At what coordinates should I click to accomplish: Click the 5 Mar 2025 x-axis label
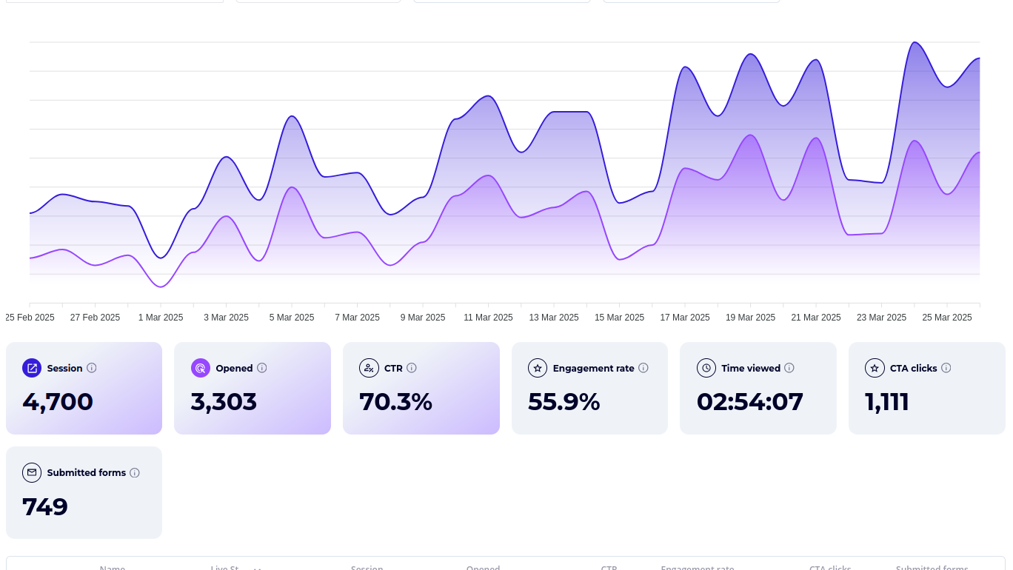pyautogui.click(x=291, y=318)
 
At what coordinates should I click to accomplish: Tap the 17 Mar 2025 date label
pyautogui.click(x=684, y=318)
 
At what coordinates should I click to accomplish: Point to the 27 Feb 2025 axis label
pyautogui.click(x=95, y=318)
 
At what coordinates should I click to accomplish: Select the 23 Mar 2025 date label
pyautogui.click(x=881, y=318)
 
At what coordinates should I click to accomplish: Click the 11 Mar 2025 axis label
pyautogui.click(x=488, y=318)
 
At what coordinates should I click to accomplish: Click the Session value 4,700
pyautogui.click(x=58, y=401)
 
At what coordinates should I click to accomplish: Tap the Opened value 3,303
pyautogui.click(x=224, y=401)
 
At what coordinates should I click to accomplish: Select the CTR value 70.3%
pyautogui.click(x=395, y=401)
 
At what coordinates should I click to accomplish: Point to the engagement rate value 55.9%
pyautogui.click(x=564, y=401)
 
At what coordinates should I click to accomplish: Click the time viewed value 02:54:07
pyautogui.click(x=749, y=401)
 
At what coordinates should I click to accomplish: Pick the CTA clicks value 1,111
pyautogui.click(x=886, y=401)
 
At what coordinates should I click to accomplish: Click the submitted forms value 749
pyautogui.click(x=45, y=506)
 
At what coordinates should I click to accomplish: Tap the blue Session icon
pyautogui.click(x=32, y=368)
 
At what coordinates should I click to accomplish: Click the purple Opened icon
pyautogui.click(x=201, y=368)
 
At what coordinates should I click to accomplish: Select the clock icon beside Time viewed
pyautogui.click(x=706, y=368)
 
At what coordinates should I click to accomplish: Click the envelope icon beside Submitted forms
pyautogui.click(x=32, y=472)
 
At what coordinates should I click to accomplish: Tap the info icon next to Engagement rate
pyautogui.click(x=643, y=368)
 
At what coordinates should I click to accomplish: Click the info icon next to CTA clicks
pyautogui.click(x=946, y=368)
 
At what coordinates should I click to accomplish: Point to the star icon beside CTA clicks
pyautogui.click(x=875, y=368)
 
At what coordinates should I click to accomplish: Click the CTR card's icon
pyautogui.click(x=369, y=368)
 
